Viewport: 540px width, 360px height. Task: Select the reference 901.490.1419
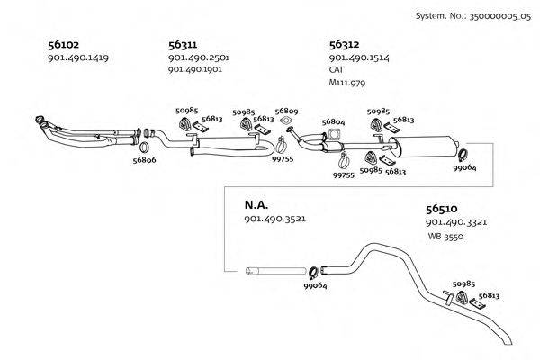[77, 58]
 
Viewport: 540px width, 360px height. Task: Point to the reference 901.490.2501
[199, 58]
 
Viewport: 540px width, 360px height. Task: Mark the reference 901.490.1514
[359, 58]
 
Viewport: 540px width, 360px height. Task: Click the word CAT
[337, 69]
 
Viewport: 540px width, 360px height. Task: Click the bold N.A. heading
[256, 205]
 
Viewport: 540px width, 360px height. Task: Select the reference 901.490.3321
[456, 221]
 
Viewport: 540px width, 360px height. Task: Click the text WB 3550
[446, 236]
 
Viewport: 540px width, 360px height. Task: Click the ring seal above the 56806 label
[144, 146]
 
